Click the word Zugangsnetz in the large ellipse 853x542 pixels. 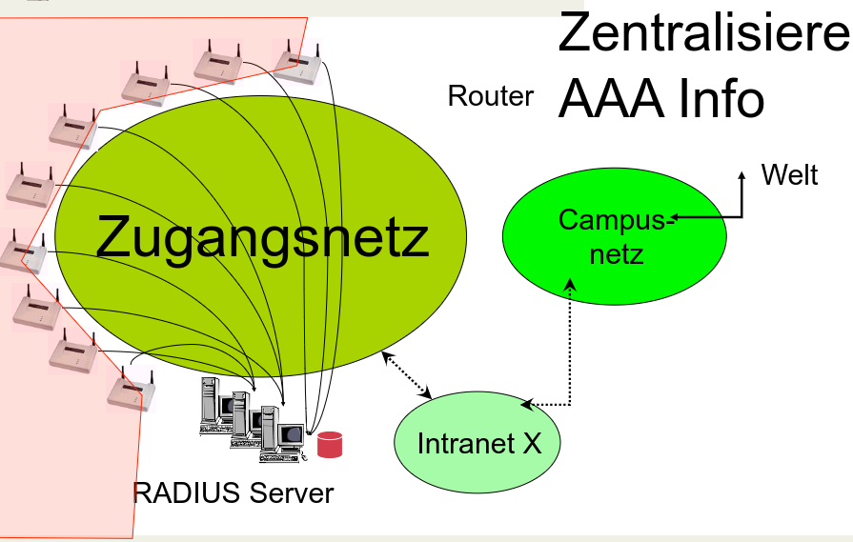[262, 238]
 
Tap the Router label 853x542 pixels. [491, 96]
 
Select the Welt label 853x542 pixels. [789, 175]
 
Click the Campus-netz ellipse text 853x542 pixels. [614, 236]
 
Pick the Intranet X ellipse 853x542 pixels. [478, 443]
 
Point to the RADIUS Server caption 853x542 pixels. [234, 493]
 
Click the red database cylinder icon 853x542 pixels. [330, 444]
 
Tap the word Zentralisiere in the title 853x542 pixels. [702, 33]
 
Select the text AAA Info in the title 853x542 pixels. [661, 97]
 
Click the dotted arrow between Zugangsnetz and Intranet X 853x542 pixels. [408, 375]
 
